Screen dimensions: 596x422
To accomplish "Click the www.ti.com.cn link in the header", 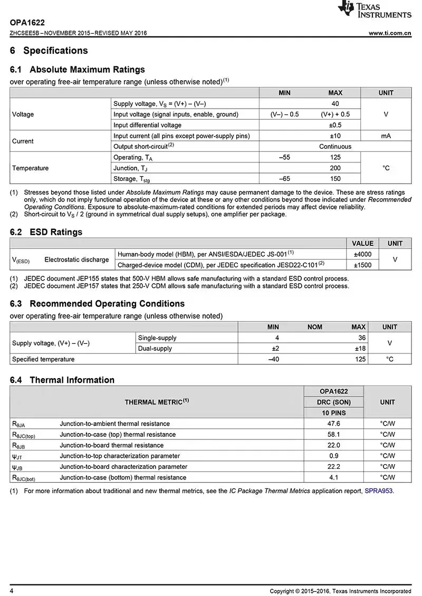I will click(x=390, y=33).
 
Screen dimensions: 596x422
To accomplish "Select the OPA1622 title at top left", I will click(x=27, y=23).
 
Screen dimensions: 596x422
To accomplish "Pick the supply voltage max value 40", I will click(x=335, y=104).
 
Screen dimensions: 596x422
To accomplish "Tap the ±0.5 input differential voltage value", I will click(x=335, y=125).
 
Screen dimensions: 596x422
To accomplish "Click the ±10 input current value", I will click(x=335, y=136).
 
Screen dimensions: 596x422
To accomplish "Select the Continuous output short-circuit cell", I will click(x=335, y=147).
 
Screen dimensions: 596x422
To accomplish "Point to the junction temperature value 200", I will click(x=335, y=168).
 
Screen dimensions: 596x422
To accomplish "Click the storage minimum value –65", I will click(x=284, y=179).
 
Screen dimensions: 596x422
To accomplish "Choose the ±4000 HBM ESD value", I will click(x=362, y=254).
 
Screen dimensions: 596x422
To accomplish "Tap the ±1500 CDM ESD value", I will click(x=362, y=265).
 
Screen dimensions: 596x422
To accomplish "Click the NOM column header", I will click(x=315, y=327).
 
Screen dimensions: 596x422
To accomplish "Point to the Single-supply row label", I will click(x=157, y=338).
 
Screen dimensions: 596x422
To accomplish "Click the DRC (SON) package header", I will click(x=334, y=402).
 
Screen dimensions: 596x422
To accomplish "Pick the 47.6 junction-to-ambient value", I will click(x=334, y=424).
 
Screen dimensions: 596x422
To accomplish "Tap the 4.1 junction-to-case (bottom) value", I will click(x=334, y=478).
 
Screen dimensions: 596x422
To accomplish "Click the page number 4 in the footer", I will click(x=12, y=591).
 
